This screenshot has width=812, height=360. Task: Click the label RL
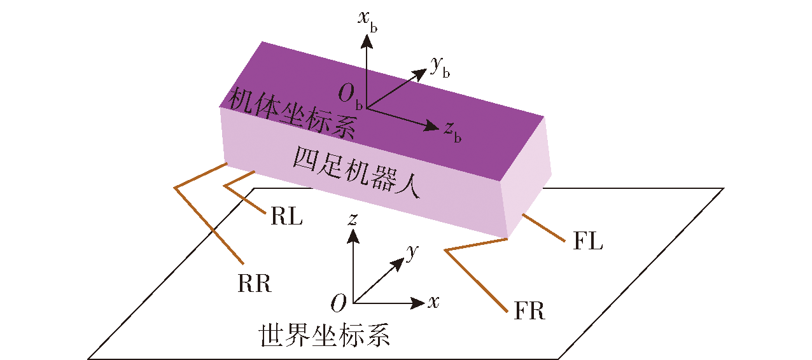[286, 217]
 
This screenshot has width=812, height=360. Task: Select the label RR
[254, 283]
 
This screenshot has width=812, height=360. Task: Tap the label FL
[587, 240]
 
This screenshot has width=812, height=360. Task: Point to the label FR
[529, 310]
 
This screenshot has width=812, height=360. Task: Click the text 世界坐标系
[324, 335]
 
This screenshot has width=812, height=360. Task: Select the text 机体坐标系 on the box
[292, 113]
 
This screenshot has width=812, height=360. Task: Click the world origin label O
[339, 302]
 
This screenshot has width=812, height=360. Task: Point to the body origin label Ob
[350, 96]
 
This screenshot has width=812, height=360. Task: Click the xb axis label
[368, 21]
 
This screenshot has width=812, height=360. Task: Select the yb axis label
[440, 67]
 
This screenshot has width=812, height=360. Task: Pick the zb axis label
[452, 132]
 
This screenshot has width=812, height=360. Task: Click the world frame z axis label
[353, 219]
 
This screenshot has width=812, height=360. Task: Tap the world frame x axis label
[433, 301]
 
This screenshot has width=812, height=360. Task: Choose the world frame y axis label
[412, 252]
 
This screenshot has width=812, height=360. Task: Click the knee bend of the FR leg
[445, 250]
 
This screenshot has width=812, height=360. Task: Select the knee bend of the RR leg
[175, 188]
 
